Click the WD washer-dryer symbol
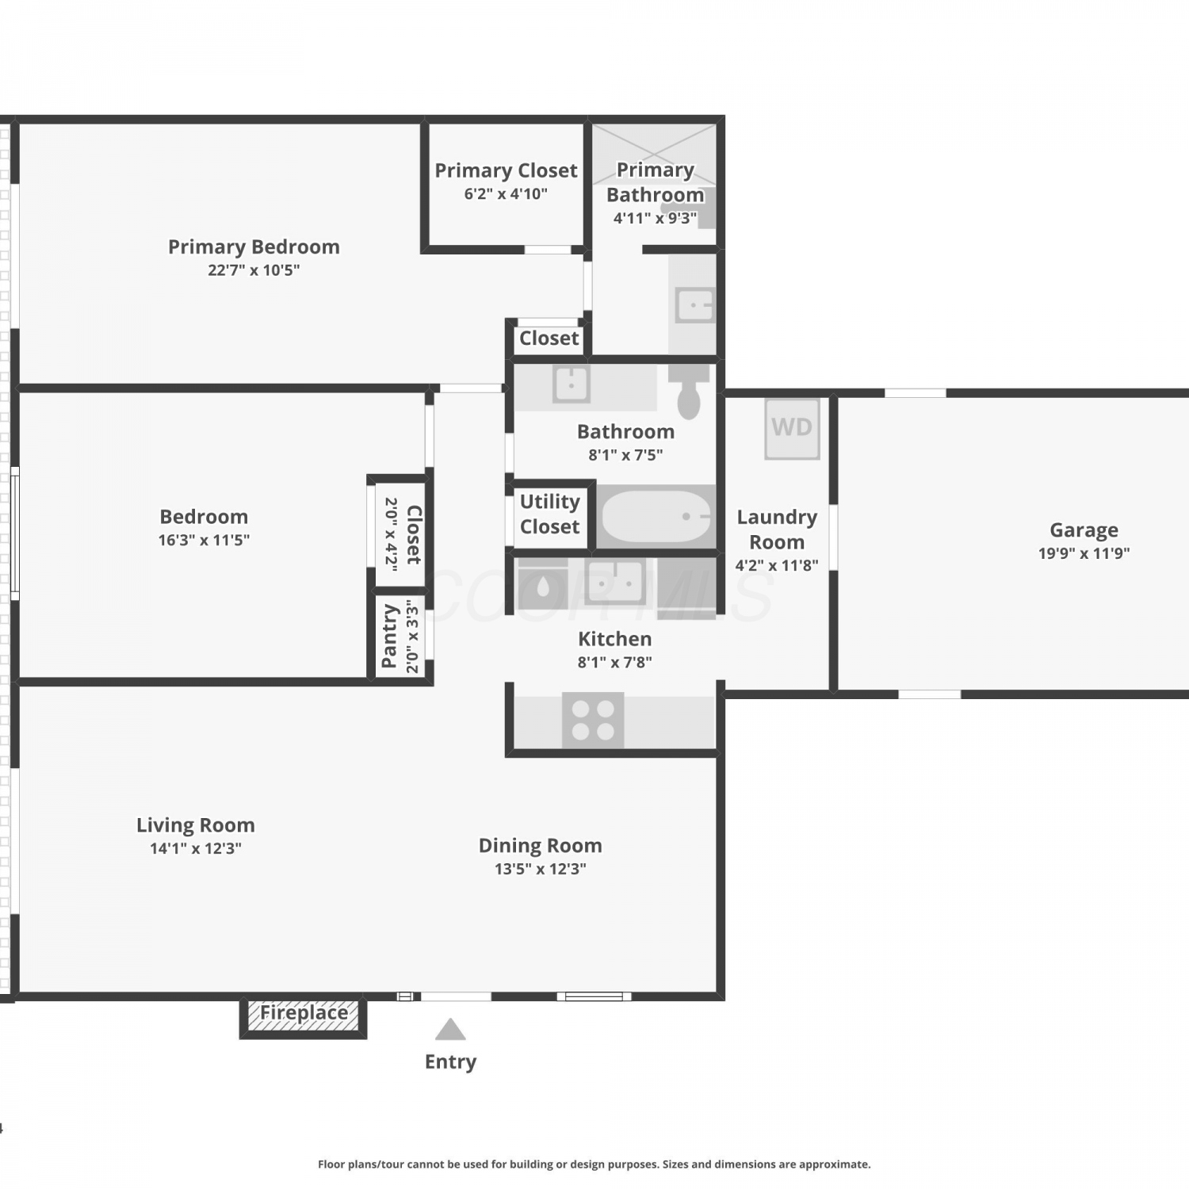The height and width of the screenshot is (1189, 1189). point(792,429)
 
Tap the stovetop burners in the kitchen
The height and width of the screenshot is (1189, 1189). point(593,720)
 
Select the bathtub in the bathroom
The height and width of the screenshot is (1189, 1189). point(656,517)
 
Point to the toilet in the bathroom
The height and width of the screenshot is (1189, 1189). point(689,392)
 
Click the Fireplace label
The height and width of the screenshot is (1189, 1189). point(304,1012)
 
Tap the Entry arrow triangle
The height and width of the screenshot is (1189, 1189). point(450,1029)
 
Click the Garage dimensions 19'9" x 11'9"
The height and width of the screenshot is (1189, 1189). point(1084,553)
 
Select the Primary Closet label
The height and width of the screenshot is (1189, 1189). point(506,170)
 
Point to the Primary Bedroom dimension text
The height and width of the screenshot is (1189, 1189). point(254,270)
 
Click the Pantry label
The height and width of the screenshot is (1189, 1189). point(389,637)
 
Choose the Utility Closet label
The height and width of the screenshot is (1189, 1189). point(549,514)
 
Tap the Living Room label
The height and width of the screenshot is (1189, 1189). point(196,825)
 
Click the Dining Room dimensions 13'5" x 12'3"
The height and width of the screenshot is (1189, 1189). point(541,869)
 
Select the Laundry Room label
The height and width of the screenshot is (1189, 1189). point(777,530)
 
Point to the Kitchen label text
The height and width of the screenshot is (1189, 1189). point(615,639)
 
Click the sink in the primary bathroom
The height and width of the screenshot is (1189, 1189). point(694,305)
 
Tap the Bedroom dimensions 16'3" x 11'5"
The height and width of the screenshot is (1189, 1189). point(204,540)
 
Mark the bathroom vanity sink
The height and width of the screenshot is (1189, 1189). point(571,384)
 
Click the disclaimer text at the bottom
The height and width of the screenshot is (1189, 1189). point(594,1164)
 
